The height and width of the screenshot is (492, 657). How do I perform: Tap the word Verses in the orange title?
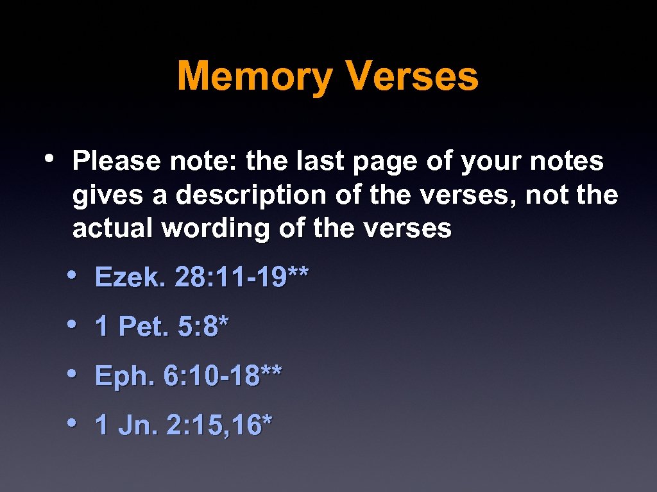click(x=411, y=76)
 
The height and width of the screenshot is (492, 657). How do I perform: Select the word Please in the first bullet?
click(x=116, y=162)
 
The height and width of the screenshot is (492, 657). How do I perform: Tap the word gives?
click(x=108, y=195)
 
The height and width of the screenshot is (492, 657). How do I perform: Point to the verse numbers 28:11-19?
click(x=230, y=278)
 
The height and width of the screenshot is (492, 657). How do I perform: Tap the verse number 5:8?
click(x=197, y=327)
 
